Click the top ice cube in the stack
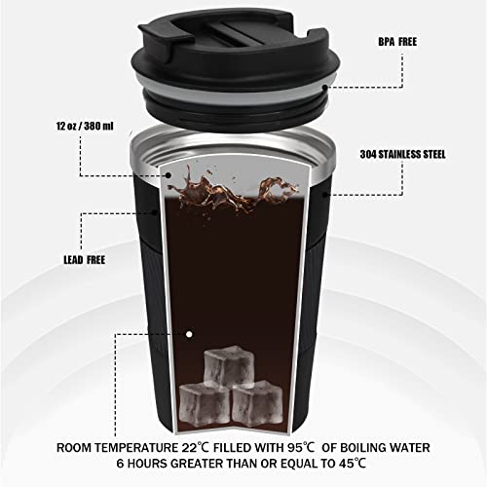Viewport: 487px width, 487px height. click(x=228, y=368)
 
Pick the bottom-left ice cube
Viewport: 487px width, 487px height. click(x=204, y=401)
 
